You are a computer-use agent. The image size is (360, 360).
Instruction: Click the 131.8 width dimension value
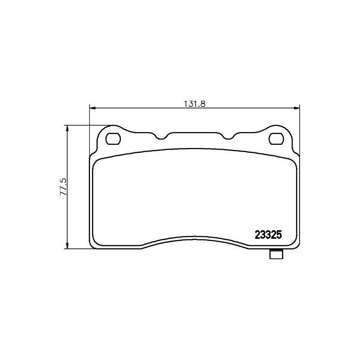pos(194,104)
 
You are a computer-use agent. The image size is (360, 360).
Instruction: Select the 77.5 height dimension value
pos(63,187)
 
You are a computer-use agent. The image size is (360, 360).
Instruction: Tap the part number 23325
pos(268,235)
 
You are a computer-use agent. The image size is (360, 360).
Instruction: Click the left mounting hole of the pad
pos(113,139)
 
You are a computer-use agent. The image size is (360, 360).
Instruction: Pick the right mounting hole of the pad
pos(276,139)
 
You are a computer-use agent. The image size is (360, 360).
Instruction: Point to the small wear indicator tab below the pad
pos(276,254)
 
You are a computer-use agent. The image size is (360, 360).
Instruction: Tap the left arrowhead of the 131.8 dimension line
pos(92,108)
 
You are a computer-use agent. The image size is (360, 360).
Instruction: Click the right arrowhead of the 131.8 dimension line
pos(297,108)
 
